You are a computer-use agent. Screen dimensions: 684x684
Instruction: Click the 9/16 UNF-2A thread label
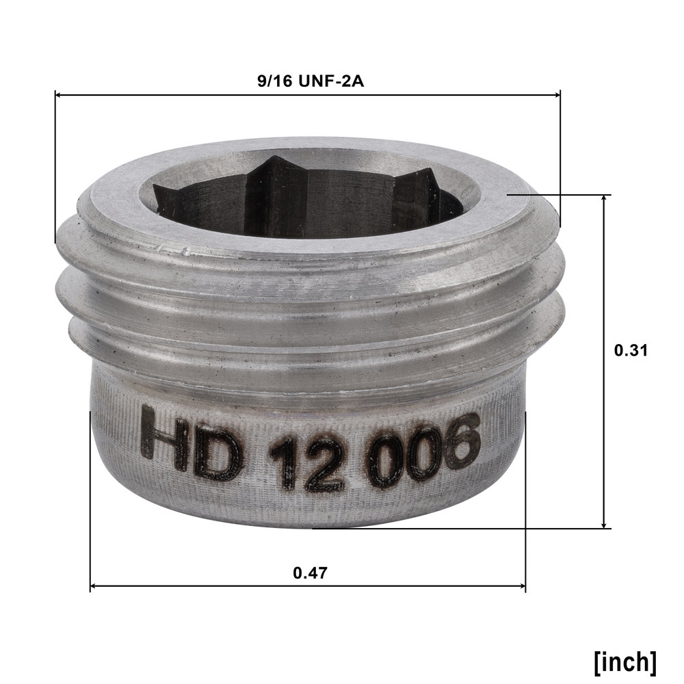[x=311, y=81]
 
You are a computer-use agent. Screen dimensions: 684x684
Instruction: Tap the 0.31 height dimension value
[x=631, y=350]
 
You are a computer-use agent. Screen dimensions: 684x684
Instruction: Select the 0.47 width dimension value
[x=310, y=573]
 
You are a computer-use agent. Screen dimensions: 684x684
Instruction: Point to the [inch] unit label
[x=624, y=662]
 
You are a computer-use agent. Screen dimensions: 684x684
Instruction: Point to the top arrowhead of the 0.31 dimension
[x=604, y=199]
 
